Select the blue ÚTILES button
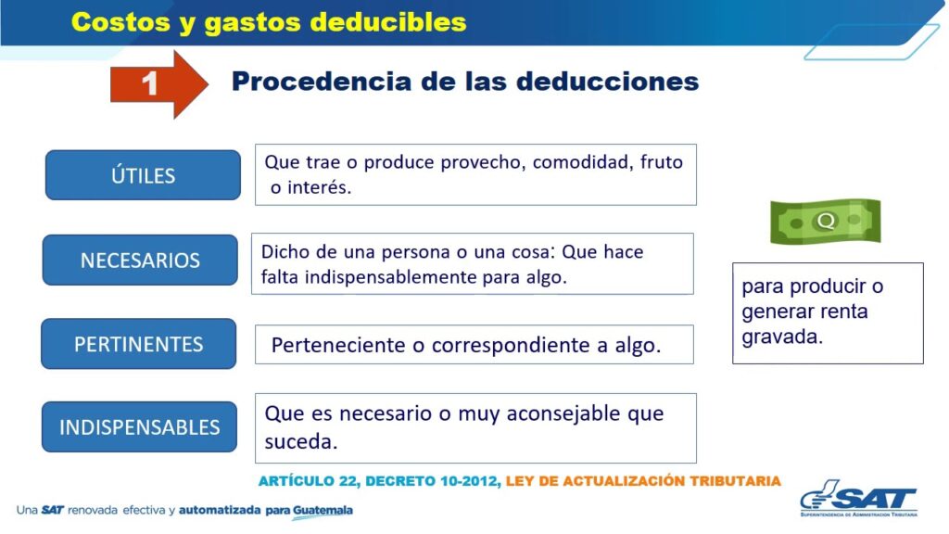(143, 175)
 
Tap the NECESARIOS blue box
(140, 260)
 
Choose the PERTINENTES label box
(139, 344)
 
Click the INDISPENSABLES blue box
(139, 426)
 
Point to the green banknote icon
(825, 221)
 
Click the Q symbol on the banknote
(826, 221)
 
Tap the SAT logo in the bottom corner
(859, 498)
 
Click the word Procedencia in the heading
(322, 82)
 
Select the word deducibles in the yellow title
(388, 22)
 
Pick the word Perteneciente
(339, 345)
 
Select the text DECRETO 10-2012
(433, 481)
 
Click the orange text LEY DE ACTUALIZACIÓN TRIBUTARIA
(643, 481)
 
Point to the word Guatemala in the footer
(323, 511)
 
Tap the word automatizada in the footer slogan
(221, 511)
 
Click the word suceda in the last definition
(301, 442)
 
